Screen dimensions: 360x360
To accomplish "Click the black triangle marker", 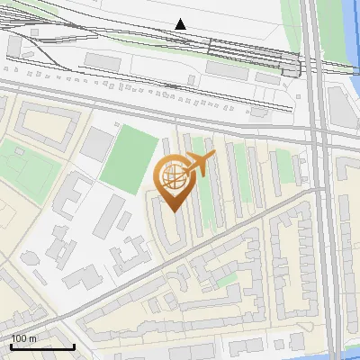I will pos(181,24).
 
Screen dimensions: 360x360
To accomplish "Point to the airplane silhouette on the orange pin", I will pos(199,165).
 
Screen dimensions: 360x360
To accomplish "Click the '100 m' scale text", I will pos(24,338).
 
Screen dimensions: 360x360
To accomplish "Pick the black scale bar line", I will pos(42,346).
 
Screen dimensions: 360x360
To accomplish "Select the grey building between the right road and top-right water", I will pos(339,106).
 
